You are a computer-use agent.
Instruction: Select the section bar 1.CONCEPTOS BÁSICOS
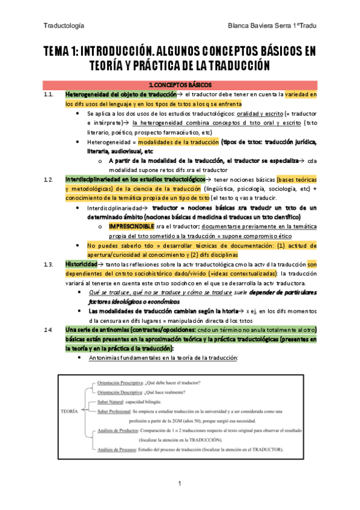[x=179, y=85]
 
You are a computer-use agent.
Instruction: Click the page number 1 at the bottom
[x=180, y=484]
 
